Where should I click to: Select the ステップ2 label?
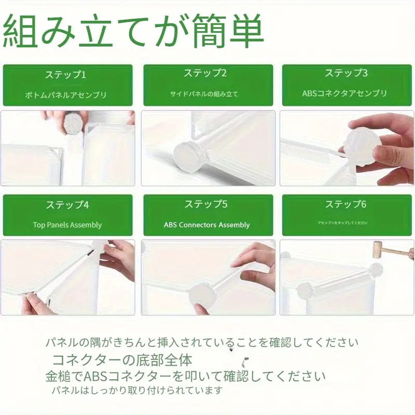[206, 73]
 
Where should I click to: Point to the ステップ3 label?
[346, 73]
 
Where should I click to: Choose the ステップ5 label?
[206, 204]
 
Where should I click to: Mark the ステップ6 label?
[346, 204]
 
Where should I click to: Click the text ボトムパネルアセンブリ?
[66, 95]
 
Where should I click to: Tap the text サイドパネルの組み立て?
[206, 94]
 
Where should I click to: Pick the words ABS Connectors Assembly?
[206, 225]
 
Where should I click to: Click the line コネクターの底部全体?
[122, 359]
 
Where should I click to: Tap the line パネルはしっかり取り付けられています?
[136, 390]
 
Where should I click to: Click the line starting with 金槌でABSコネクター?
[185, 376]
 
